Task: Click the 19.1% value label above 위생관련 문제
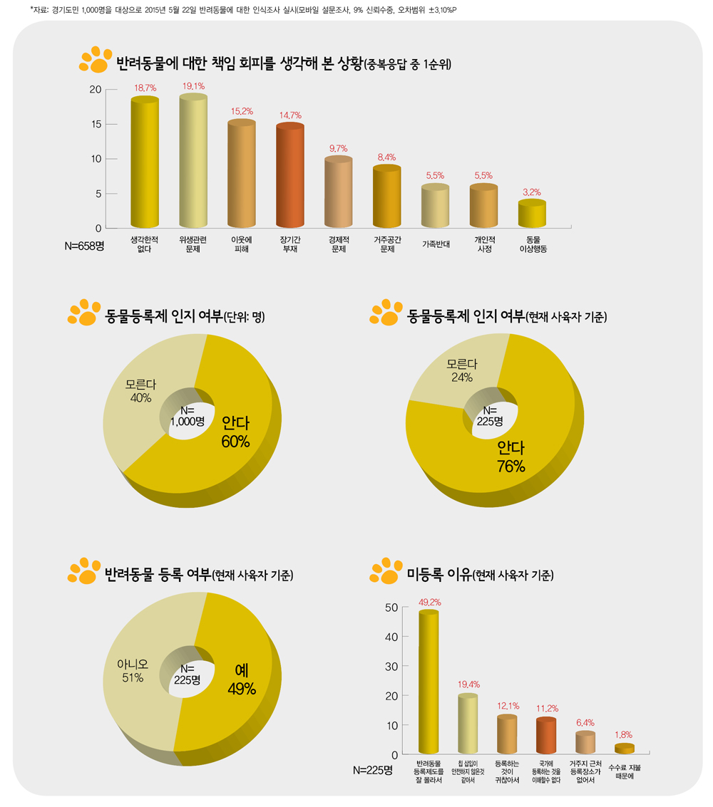coord(193,86)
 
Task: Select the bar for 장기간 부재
coord(290,177)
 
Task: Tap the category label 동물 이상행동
coord(533,244)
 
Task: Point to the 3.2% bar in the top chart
coord(532,214)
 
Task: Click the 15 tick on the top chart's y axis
coord(93,124)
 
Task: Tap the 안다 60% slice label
coord(235,432)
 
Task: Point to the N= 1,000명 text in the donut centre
coord(187,416)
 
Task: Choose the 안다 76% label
coord(511,457)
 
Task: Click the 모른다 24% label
coord(462,370)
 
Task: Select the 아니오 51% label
coord(133,671)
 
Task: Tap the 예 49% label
coord(241,680)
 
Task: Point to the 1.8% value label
coord(623,734)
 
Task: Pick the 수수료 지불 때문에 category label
coord(624,771)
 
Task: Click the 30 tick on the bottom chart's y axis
coord(391,666)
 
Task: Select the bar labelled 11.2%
coord(545,736)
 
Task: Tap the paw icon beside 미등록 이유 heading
coord(385,571)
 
